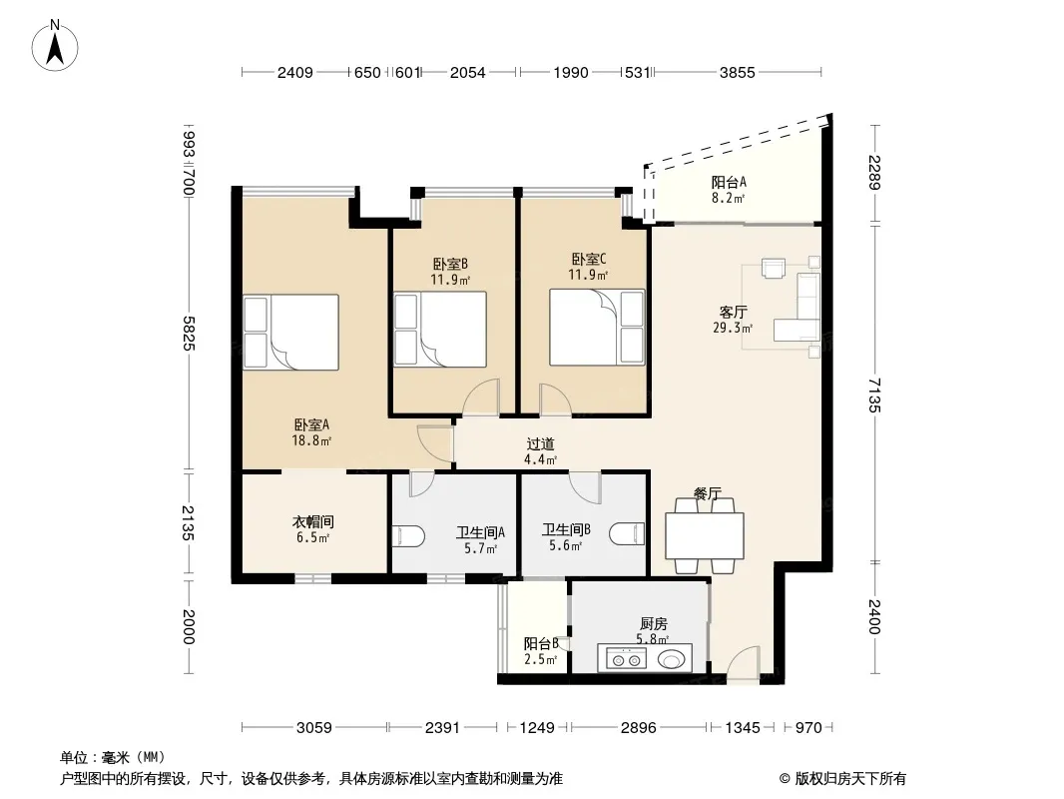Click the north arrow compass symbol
55,45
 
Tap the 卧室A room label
311,424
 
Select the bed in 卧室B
440,330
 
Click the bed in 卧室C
597,328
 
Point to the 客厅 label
733,313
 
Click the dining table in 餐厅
705,535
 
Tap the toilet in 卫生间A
408,535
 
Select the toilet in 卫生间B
627,533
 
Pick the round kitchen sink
671,659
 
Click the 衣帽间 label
312,522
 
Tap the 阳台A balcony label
729,182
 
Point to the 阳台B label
541,643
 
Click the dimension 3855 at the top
737,72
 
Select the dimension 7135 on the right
874,396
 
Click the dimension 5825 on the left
189,334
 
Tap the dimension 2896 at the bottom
639,728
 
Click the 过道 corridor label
540,444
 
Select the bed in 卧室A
291,332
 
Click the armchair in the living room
774,268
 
